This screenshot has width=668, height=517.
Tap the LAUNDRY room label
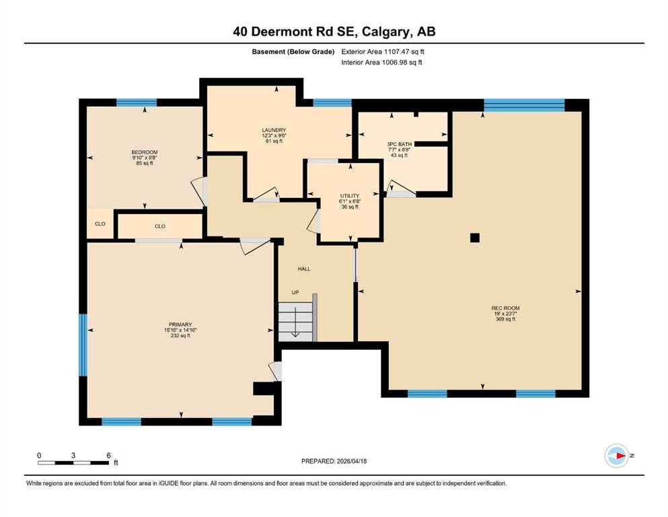pos(274,130)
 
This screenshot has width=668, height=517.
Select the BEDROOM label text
pos(145,152)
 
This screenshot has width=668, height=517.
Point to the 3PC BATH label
pos(399,145)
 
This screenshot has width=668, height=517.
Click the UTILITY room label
pos(350,196)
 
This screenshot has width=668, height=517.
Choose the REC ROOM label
pos(505,308)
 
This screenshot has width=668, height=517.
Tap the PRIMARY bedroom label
pos(180,324)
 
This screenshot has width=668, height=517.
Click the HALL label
pos(304,269)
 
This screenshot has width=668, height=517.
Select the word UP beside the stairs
pos(295,292)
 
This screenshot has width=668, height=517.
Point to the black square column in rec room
pos(474,238)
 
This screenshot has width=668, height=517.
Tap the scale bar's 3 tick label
pos(73,455)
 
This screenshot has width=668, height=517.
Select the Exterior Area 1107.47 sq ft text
pos(383,52)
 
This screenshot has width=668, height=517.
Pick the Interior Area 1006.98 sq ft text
pos(381,62)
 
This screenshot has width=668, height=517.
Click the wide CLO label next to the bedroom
pos(159,226)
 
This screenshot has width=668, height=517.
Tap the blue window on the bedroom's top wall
pos(137,102)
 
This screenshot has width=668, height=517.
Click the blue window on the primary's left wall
pos(83,345)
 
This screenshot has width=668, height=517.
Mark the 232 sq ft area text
pos(180,335)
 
